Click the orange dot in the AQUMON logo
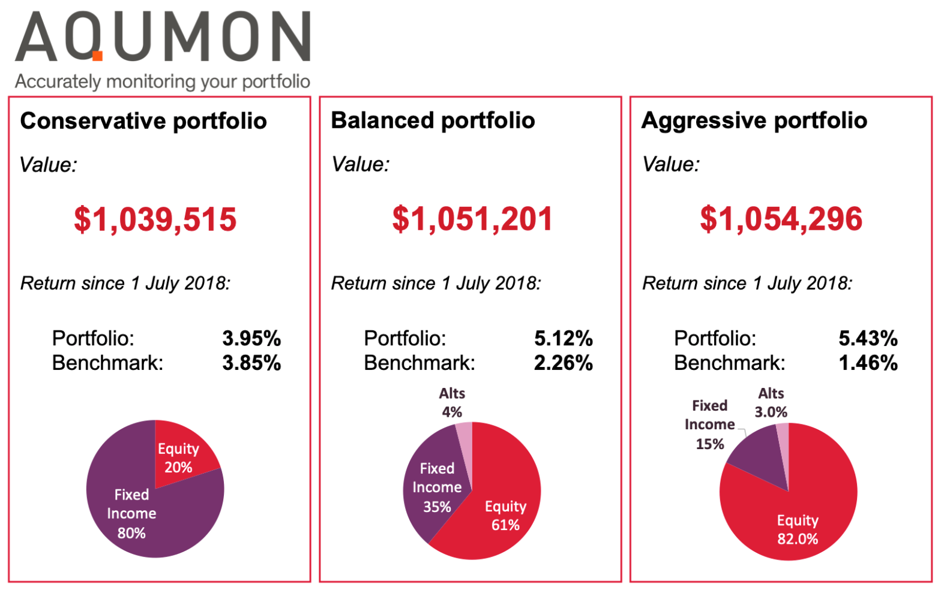97,56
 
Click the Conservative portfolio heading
143,121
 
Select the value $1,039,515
155,219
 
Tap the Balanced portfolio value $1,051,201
472,219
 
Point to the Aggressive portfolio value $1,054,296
781,219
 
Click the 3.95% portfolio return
251,338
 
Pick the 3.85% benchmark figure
251,363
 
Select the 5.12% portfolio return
563,338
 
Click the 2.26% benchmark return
563,363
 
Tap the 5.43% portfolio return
868,338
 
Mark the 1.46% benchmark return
868,363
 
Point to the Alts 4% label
452,402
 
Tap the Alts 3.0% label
771,402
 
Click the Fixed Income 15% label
709,425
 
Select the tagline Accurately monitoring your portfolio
162,82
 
